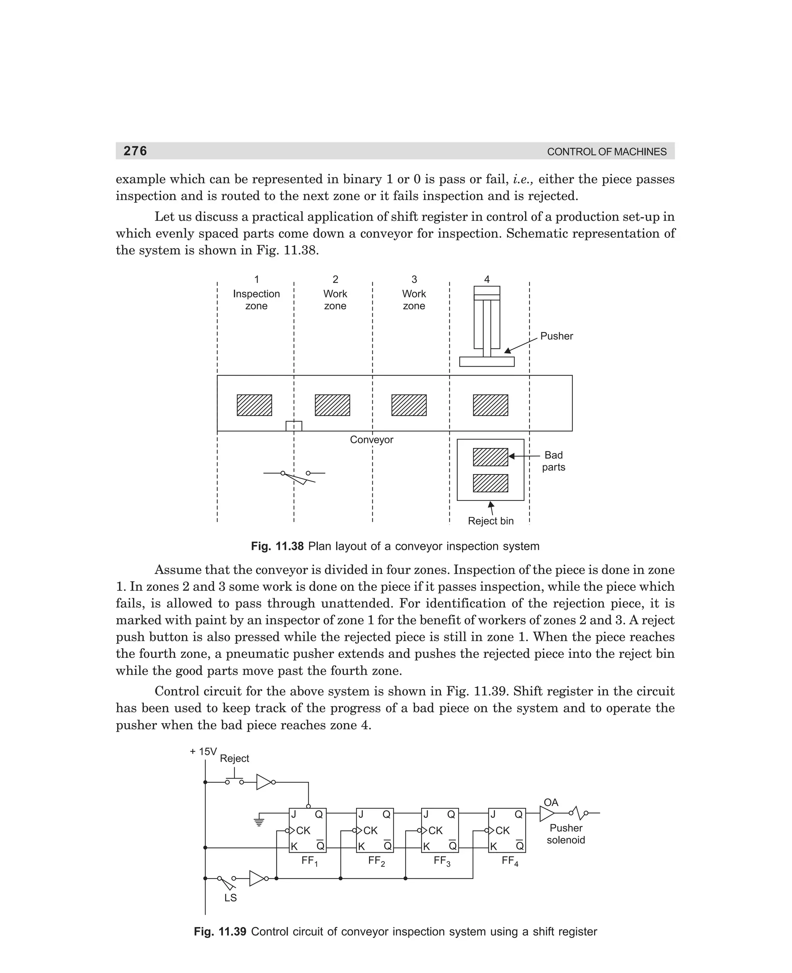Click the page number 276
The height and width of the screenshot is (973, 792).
135,151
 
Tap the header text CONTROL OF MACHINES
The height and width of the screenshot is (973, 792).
606,152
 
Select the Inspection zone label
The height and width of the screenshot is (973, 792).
256,300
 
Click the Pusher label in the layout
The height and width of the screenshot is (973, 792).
556,336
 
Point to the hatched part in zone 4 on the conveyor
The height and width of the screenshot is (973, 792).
490,405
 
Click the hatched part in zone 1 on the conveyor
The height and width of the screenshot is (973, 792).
254,405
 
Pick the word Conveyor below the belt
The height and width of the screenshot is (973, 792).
371,440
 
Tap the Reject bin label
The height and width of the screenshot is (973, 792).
490,521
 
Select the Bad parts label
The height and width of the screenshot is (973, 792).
553,461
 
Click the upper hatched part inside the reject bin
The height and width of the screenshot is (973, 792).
490,457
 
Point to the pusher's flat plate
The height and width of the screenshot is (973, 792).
486,362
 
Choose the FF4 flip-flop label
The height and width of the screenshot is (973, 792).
510,861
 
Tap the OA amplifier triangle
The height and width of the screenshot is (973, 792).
546,813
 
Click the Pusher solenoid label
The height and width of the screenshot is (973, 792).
566,834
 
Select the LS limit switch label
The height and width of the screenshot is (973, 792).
230,898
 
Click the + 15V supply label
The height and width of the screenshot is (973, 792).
203,752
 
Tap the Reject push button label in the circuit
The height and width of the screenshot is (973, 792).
234,759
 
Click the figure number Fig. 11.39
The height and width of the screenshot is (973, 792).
220,932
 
